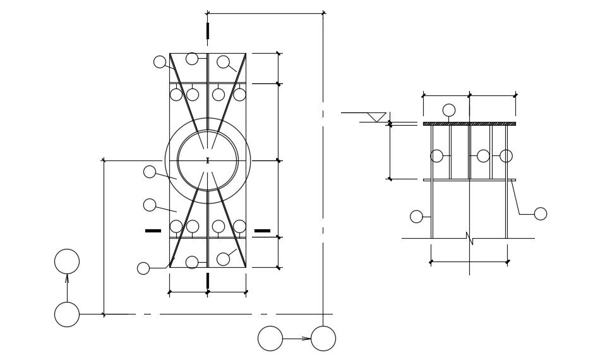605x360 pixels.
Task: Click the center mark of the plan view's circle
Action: coord(208,160)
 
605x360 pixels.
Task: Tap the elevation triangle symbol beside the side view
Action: coord(376,117)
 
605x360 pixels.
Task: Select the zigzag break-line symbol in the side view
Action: coord(469,238)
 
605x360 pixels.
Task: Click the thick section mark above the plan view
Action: coord(208,30)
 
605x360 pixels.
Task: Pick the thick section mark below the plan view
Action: coord(208,280)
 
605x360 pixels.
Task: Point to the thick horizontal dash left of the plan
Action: coord(153,231)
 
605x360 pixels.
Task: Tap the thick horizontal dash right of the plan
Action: coord(262,231)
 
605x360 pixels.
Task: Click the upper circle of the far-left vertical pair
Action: coord(67,261)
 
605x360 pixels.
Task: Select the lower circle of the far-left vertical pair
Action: coord(67,315)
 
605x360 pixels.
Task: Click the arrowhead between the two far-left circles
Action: coord(67,279)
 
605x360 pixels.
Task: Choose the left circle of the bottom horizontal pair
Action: coord(270,339)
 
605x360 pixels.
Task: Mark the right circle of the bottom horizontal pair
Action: coord(323,339)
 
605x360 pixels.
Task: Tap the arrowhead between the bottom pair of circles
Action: coord(306,339)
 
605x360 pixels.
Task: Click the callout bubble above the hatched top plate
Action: coord(449,110)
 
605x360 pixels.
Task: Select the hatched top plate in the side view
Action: coord(469,124)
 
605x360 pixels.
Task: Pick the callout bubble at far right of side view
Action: coord(541,213)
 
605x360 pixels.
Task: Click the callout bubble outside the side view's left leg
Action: coord(416,217)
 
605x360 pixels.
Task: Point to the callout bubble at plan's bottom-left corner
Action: coord(143,268)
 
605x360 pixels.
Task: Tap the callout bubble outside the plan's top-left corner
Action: coord(160,62)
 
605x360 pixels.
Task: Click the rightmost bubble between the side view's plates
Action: coord(506,156)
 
